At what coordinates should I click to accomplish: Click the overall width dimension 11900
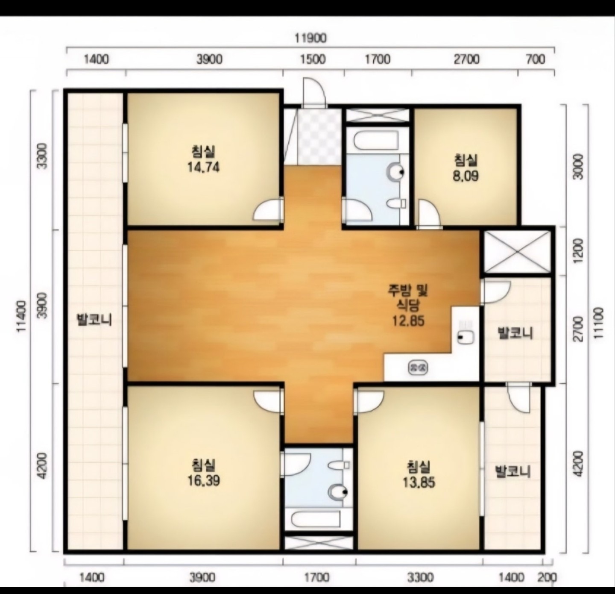click(310, 38)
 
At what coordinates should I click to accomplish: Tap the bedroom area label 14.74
click(203, 167)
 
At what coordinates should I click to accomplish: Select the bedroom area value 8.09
click(466, 176)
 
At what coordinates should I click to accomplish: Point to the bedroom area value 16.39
click(204, 481)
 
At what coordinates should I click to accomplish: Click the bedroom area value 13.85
click(419, 482)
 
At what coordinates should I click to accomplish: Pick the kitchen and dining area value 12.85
click(408, 321)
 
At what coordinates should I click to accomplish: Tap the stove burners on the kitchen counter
click(418, 368)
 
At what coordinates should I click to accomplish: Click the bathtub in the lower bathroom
click(316, 519)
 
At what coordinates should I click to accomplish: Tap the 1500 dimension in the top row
click(313, 59)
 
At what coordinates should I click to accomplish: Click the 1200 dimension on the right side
click(579, 250)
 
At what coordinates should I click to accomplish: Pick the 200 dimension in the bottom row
click(548, 577)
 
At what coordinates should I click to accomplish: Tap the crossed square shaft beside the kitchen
click(517, 251)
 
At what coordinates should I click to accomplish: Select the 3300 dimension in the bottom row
click(420, 577)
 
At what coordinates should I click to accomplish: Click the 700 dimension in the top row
click(536, 59)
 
